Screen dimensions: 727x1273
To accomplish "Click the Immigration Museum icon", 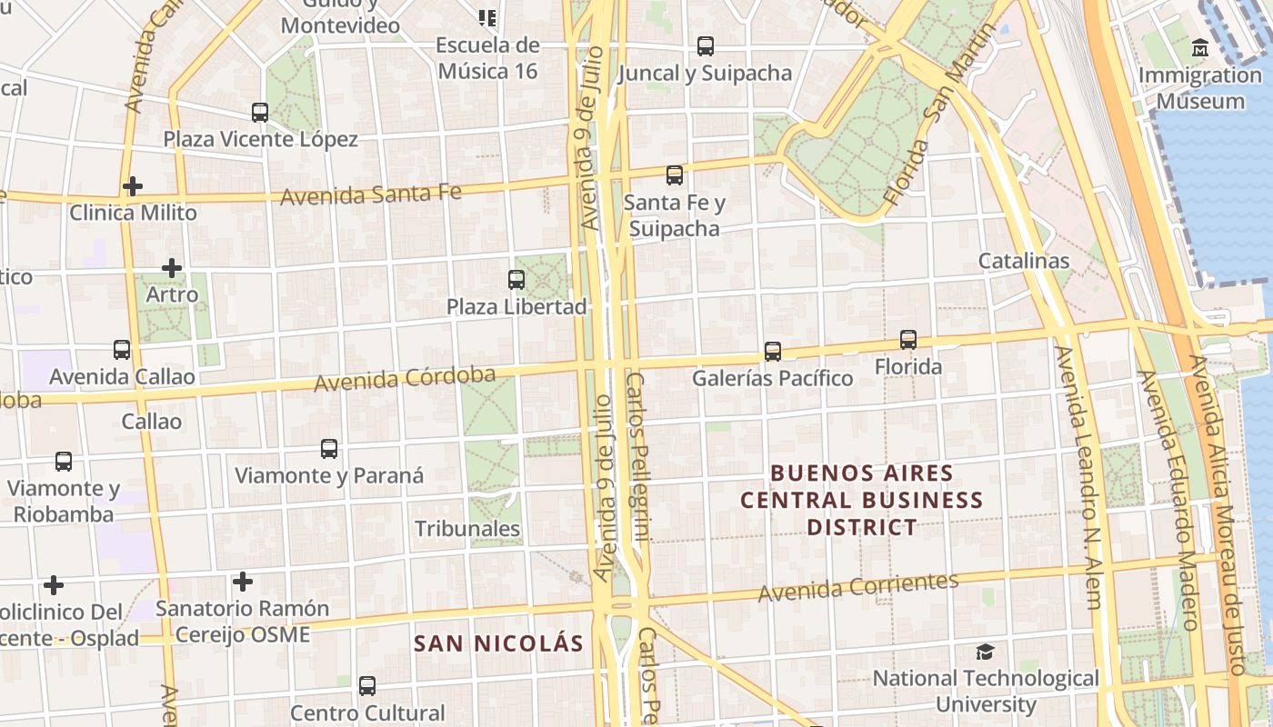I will click(1199, 46).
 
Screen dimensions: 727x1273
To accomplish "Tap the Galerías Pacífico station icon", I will click(772, 351).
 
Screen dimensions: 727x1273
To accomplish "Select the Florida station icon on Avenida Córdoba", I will click(907, 340).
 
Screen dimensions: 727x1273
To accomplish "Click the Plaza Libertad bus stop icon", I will click(516, 280).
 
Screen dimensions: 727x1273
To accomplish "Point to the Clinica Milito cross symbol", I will click(133, 186).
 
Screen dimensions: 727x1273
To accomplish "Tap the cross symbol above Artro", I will click(172, 268).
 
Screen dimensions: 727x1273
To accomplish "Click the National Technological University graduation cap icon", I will click(985, 652).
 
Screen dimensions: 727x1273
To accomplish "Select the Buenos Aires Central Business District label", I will click(861, 500).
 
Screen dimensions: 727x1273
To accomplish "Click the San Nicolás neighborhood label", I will click(498, 643).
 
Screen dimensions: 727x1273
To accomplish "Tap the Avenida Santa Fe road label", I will click(370, 194).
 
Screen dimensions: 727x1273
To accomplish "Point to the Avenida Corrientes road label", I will click(858, 587).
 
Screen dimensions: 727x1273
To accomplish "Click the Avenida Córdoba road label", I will click(405, 379).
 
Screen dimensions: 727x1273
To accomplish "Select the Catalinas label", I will click(1024, 261).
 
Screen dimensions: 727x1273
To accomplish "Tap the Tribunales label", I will click(467, 529).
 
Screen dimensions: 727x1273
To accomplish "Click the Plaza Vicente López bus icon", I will click(260, 113).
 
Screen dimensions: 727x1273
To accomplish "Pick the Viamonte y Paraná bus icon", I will click(329, 449).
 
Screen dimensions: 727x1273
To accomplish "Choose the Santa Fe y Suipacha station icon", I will click(674, 175).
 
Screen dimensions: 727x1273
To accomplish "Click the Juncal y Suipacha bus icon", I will click(705, 46).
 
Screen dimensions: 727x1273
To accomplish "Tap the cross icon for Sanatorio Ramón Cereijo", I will click(242, 582).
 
